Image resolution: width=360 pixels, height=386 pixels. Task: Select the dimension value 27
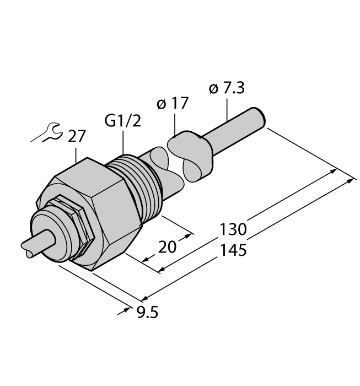(77, 136)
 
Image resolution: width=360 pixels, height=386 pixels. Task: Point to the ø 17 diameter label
(173, 103)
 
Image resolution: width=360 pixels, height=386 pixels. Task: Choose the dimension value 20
(167, 246)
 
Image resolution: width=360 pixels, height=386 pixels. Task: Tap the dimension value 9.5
(147, 314)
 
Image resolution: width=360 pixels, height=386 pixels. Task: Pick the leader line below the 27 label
(76, 153)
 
